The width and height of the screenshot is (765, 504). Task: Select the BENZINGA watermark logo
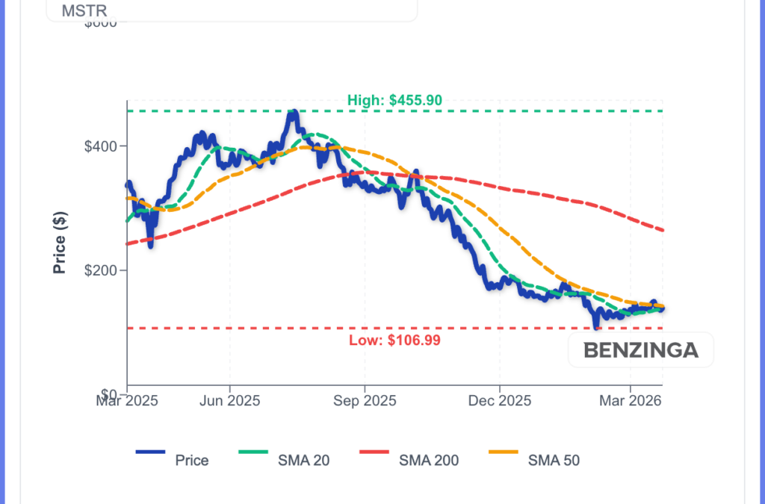[640, 350]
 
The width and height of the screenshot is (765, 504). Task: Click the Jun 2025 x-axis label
[229, 401]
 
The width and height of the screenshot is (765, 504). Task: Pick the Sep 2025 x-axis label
[365, 401]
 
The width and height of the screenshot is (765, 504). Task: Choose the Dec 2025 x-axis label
[499, 401]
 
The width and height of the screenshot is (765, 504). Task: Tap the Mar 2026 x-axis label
[631, 401]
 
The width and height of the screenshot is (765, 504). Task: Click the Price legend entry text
[192, 461]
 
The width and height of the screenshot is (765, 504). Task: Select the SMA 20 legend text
[303, 461]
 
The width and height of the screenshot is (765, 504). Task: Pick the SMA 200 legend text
[429, 461]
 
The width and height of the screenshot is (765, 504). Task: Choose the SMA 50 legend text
[554, 461]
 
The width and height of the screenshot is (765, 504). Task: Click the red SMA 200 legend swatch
[374, 452]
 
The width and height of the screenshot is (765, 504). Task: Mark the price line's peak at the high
[294, 112]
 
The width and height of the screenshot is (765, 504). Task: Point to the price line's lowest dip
[595, 327]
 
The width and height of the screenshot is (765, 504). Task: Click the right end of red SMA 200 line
[663, 230]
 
